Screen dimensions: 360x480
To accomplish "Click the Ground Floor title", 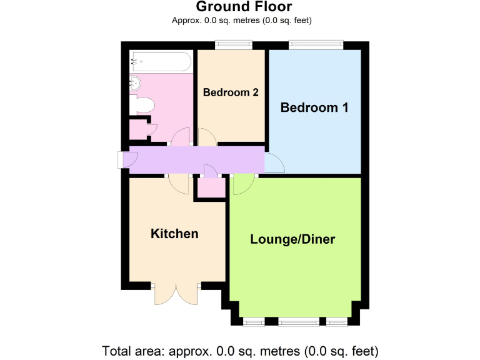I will coord(244,7).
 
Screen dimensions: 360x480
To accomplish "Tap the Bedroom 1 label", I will coord(314,107).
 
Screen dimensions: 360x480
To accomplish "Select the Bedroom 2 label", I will coord(231,92).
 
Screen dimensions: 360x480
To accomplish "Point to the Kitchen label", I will coord(174,234).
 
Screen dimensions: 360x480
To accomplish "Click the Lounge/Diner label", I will coord(292,239).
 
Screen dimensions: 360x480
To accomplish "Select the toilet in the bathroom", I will coord(142,106).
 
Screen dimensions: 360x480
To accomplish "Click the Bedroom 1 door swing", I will coord(275,163).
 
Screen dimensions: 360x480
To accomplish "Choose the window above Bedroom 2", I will coord(233,44).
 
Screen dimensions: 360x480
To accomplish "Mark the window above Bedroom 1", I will coord(316,44).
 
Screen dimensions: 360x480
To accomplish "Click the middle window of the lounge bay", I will coord(297,322).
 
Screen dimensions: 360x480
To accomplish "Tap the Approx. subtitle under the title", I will coord(242,20).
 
